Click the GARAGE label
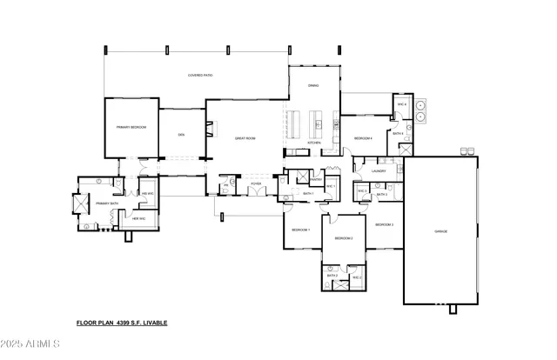click(440, 231)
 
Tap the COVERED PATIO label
click(201, 76)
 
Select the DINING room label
click(314, 85)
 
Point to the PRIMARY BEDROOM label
click(131, 127)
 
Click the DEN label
click(181, 135)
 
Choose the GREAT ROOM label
click(245, 138)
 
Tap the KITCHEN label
click(315, 143)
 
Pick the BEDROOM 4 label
click(363, 138)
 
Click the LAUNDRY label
click(378, 171)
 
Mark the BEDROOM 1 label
click(300, 230)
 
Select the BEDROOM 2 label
click(344, 237)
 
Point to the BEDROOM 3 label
click(385, 224)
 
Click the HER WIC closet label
click(138, 218)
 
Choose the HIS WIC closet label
click(148, 193)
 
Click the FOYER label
click(256, 184)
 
